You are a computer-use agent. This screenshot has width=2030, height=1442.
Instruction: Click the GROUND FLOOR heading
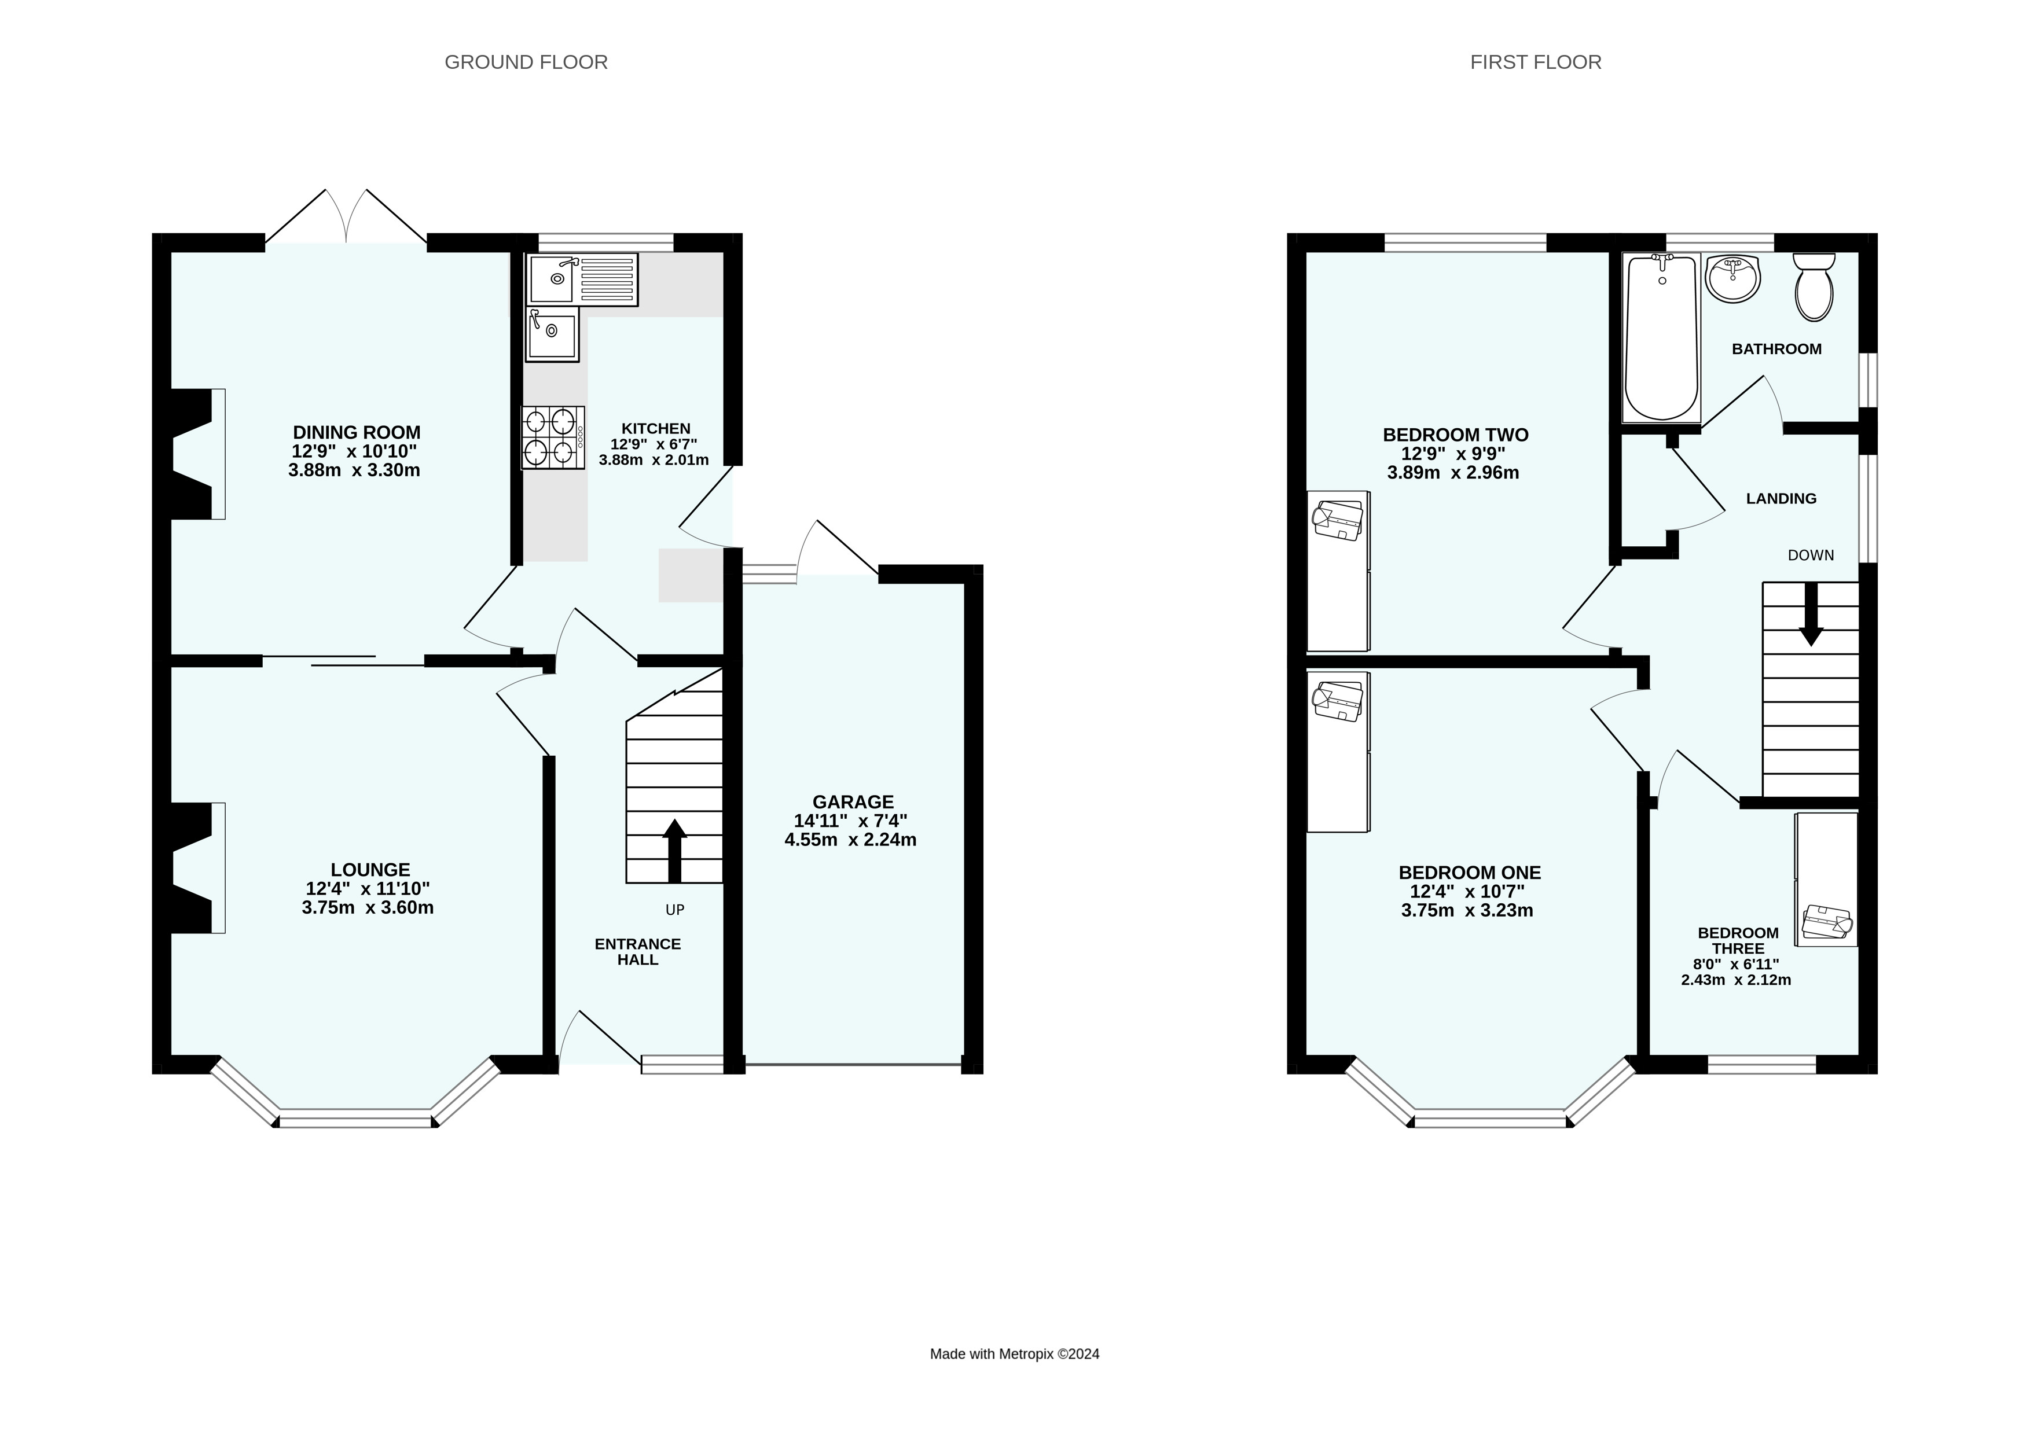(526, 62)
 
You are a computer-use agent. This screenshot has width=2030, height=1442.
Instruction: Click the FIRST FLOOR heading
(1535, 62)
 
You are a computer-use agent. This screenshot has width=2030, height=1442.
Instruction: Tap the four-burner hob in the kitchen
(552, 437)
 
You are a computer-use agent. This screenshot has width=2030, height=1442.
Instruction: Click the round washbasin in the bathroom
(1732, 279)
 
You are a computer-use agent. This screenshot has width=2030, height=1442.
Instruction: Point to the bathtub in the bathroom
(1661, 337)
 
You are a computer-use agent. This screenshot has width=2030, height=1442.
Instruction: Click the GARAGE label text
(853, 802)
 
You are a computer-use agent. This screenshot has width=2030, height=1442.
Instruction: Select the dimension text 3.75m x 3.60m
(368, 907)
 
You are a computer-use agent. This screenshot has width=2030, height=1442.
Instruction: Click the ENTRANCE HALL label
(637, 951)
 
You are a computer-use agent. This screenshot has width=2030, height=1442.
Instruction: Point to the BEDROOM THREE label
(1738, 940)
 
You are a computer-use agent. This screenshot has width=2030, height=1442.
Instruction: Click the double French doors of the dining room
(346, 218)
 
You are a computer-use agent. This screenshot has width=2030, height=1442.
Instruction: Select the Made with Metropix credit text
(1014, 1354)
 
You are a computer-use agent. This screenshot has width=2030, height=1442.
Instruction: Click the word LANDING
(1781, 499)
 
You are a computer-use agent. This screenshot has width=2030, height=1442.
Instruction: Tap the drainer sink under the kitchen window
(582, 279)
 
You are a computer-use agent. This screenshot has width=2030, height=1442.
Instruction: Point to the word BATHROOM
(1776, 349)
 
